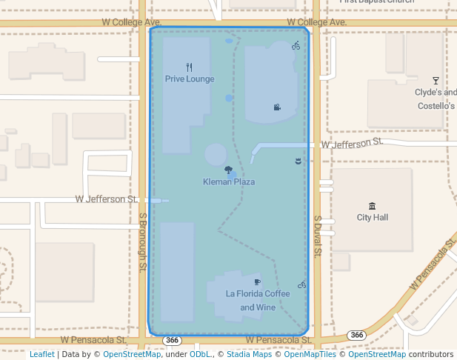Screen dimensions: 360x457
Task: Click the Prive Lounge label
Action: [x=190, y=79]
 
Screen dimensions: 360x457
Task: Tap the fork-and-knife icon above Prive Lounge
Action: [x=190, y=67]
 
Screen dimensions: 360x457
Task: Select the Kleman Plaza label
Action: [x=229, y=181]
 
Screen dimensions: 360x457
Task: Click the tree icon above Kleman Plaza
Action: [x=229, y=170]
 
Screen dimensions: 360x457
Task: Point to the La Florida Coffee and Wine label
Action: [x=258, y=300]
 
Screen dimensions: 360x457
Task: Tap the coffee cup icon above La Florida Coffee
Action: [x=258, y=282]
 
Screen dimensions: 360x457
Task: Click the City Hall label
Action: [x=372, y=218]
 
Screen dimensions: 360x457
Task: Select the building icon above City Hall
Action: [x=372, y=206]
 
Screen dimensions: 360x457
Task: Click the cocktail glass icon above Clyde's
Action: [x=436, y=81]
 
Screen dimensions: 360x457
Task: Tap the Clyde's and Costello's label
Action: [x=436, y=99]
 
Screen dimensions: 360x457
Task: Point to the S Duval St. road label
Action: [x=316, y=236]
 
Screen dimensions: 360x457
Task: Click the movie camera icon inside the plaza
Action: [x=277, y=107]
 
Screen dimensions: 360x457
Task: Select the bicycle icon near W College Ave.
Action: [x=296, y=46]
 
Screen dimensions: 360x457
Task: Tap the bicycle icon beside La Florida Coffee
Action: [x=301, y=284]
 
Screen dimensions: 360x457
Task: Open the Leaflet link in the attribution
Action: [x=42, y=355]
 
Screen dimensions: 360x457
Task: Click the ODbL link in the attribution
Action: [x=200, y=355]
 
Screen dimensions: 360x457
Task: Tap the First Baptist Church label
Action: [x=376, y=1]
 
